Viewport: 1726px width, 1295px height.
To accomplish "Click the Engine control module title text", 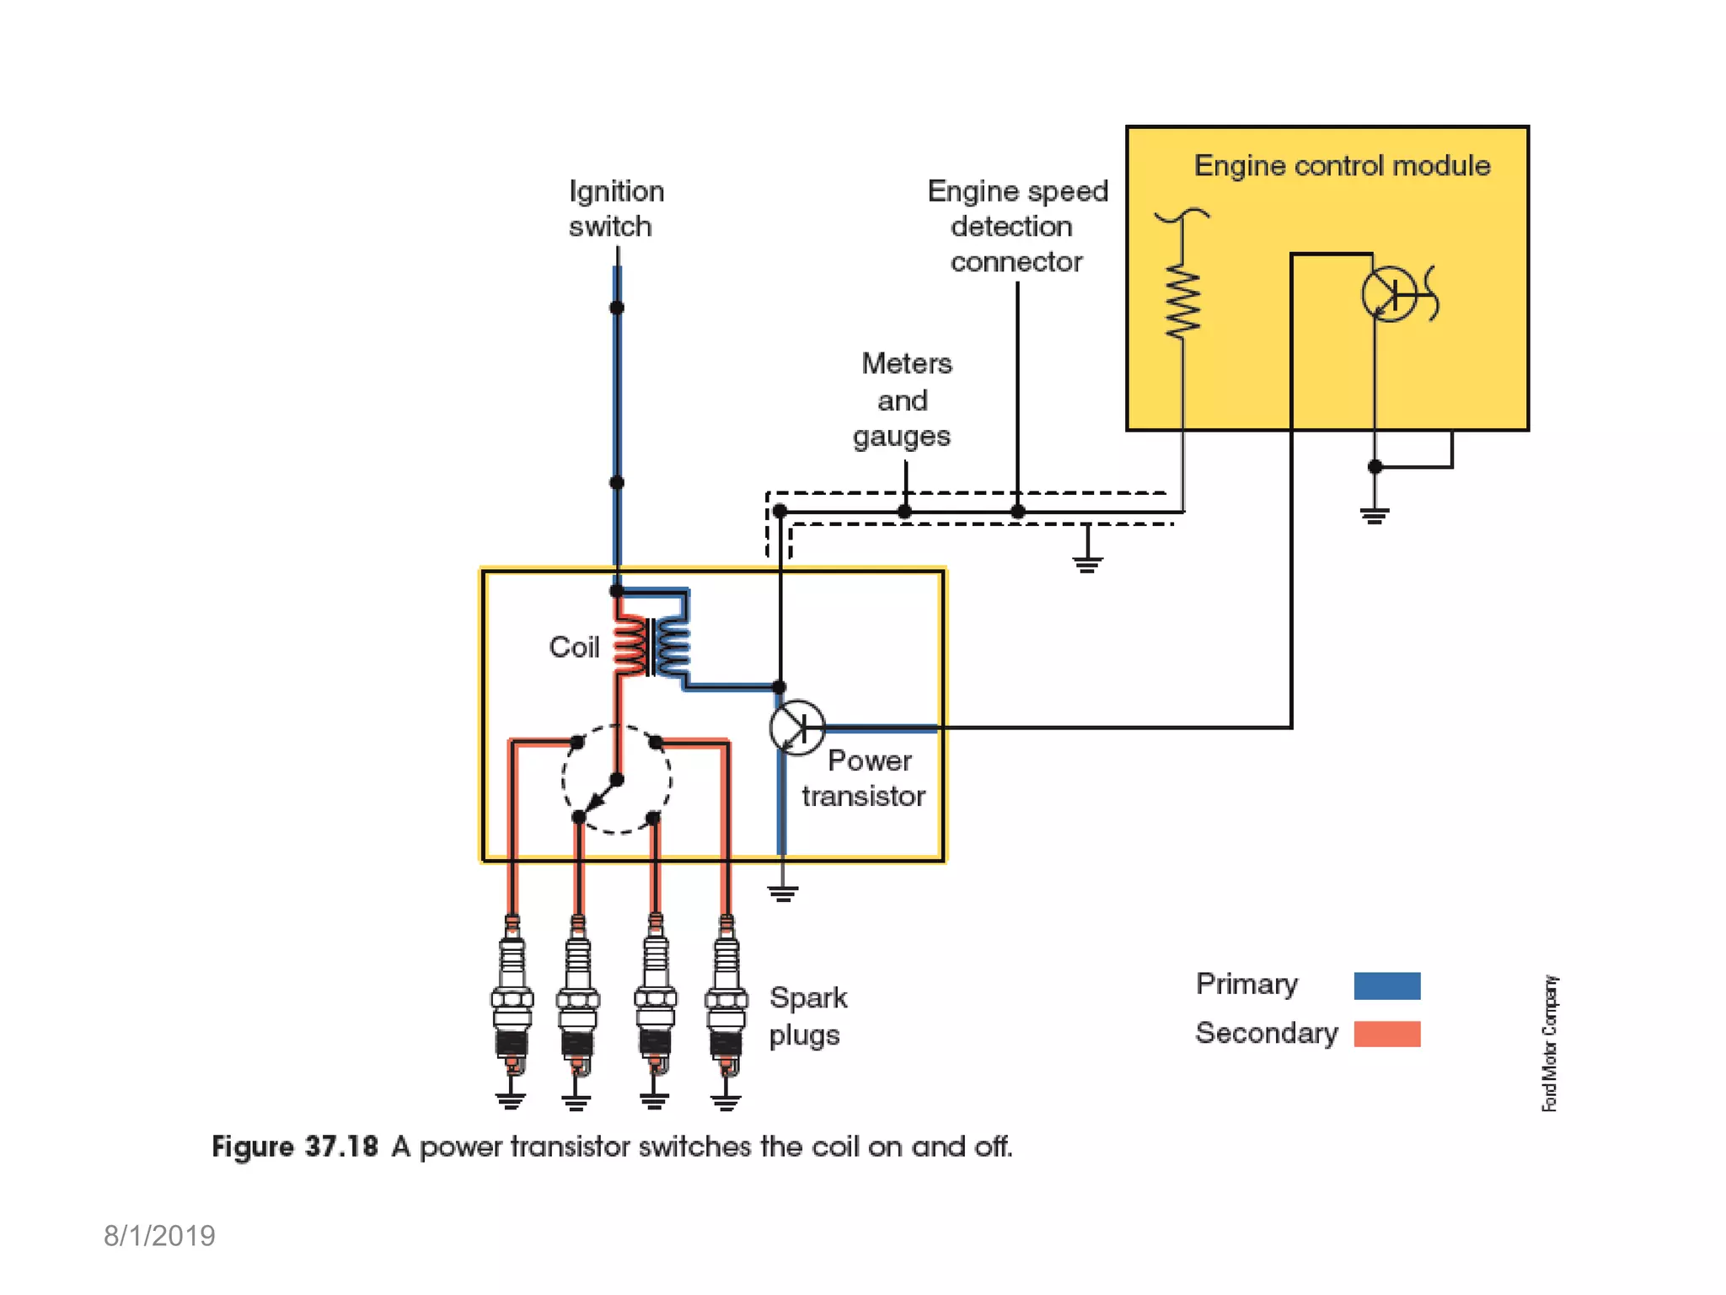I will click(1342, 165).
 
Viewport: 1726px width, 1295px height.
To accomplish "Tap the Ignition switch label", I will click(615, 208).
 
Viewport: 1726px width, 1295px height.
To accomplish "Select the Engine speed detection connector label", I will click(1016, 226).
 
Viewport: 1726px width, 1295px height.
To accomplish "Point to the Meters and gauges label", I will click(903, 400).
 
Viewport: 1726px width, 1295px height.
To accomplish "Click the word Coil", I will click(574, 647).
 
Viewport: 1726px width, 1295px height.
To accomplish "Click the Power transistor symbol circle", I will click(796, 727).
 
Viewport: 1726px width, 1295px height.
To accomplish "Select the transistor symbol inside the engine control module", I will click(1389, 295).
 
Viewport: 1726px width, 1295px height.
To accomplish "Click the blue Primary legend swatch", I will click(1386, 986).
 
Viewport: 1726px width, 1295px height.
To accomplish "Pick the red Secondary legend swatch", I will click(1386, 1034).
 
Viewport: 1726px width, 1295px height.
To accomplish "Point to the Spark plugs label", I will click(807, 1016).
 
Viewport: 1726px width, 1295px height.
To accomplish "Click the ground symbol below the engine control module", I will click(1375, 515).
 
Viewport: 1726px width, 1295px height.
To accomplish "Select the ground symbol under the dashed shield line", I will click(1087, 563).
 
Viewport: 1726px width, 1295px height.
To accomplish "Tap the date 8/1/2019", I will click(159, 1236).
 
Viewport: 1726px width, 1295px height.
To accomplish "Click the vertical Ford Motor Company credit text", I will click(1549, 1044).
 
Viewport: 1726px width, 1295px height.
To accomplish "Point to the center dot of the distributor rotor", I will click(617, 780).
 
